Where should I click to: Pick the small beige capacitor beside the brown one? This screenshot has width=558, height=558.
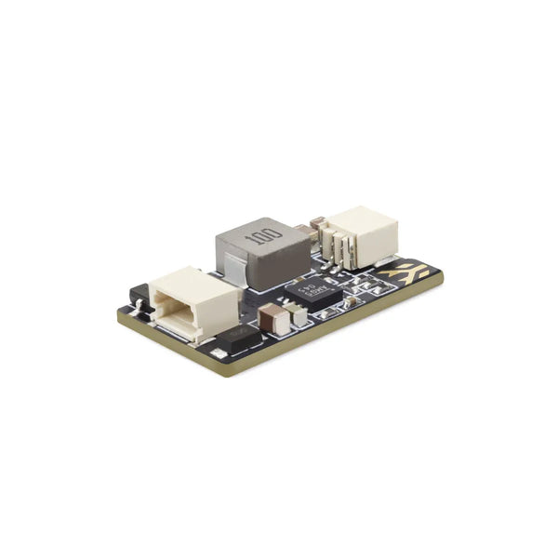(299, 316)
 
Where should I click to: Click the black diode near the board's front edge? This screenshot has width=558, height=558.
(238, 344)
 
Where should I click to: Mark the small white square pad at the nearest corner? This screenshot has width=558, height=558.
(217, 354)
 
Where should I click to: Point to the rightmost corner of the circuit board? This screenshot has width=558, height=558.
(443, 273)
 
